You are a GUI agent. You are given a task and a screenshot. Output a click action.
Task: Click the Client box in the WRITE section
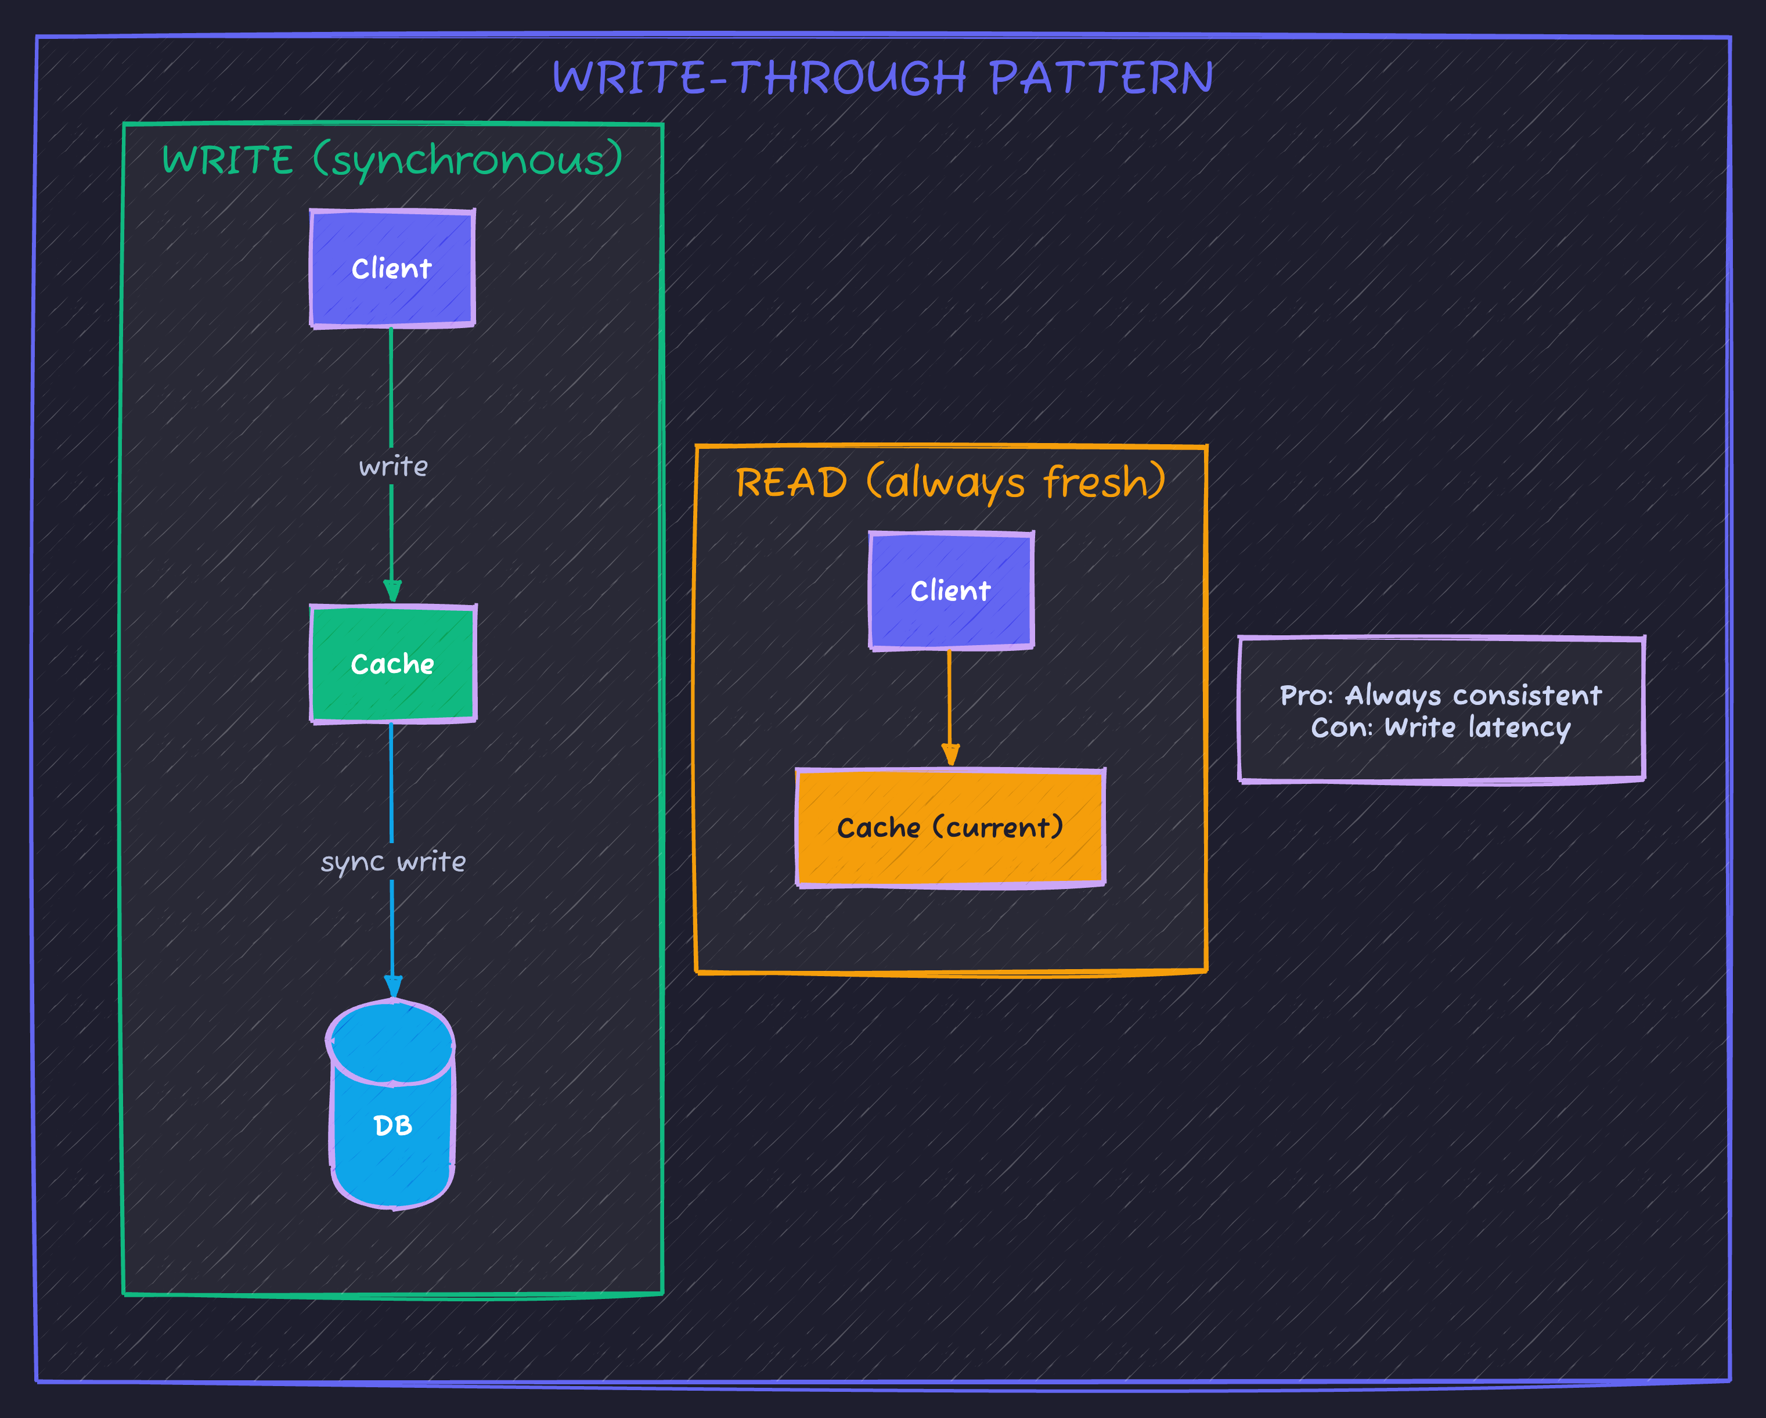tap(391, 268)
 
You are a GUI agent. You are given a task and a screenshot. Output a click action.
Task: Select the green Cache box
tap(392, 664)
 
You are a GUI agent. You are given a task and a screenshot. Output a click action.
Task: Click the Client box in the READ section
tap(950, 591)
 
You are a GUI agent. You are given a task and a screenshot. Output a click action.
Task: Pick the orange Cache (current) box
tap(950, 827)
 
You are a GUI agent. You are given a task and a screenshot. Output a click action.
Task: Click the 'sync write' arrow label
tap(392, 862)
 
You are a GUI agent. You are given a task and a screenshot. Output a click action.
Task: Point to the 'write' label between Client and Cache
tap(393, 466)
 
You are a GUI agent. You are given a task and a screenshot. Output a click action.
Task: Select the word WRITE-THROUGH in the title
tap(759, 78)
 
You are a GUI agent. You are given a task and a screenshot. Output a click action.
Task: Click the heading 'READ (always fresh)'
tap(950, 482)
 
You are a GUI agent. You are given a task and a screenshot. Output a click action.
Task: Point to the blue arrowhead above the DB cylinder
tap(393, 987)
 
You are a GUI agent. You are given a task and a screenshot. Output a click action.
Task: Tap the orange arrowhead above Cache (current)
tap(950, 754)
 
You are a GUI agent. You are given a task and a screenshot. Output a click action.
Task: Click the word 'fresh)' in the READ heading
tap(1104, 482)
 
